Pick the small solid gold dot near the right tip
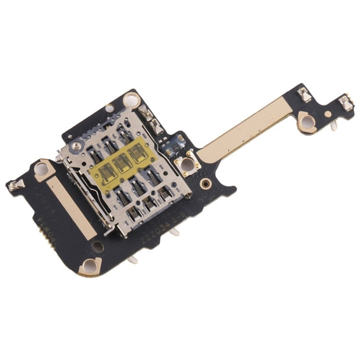327,115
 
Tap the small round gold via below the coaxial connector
205,183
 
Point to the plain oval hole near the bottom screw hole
97,247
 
